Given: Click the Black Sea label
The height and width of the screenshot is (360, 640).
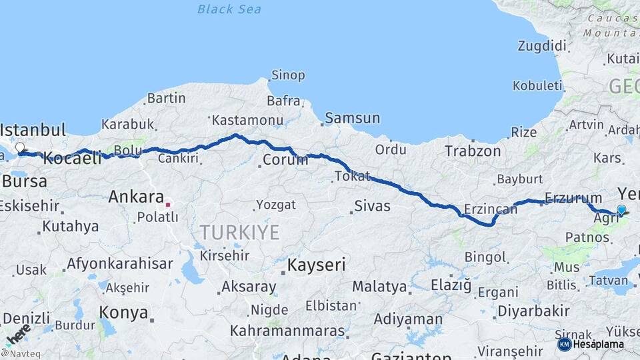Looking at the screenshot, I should pos(229,9).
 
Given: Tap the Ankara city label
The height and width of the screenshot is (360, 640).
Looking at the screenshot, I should pos(136,197).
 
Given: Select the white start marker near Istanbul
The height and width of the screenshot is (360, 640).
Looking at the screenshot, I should pos(20,147).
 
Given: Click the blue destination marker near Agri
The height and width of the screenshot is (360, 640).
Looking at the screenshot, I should pos(621,210).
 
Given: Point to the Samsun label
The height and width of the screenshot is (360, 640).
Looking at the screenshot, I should pos(353,118).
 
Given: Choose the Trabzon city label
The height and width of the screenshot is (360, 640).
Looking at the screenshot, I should pos(473,151).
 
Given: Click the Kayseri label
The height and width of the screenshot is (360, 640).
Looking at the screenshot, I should pos(316,265).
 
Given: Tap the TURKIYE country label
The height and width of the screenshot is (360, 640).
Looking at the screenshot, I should pos(240,232).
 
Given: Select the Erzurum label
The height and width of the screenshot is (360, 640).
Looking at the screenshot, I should pos(573,197).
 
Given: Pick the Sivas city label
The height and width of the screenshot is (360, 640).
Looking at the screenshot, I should pos(372,205).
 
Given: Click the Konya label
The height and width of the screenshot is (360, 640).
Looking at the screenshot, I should pos(123,312).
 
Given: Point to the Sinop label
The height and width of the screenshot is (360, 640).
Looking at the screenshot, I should pos(288,75).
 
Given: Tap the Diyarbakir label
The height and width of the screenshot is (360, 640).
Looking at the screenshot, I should pos(533,311).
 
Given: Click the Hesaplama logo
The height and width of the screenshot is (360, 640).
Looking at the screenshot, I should pos(591,344).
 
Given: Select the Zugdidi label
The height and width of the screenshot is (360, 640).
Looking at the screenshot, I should pos(542,46).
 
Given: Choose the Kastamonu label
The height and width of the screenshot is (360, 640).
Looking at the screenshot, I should pos(247,120).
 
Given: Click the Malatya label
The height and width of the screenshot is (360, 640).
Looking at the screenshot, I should pos(379,287).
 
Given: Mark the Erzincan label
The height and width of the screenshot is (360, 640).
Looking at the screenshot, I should pos(490,209).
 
